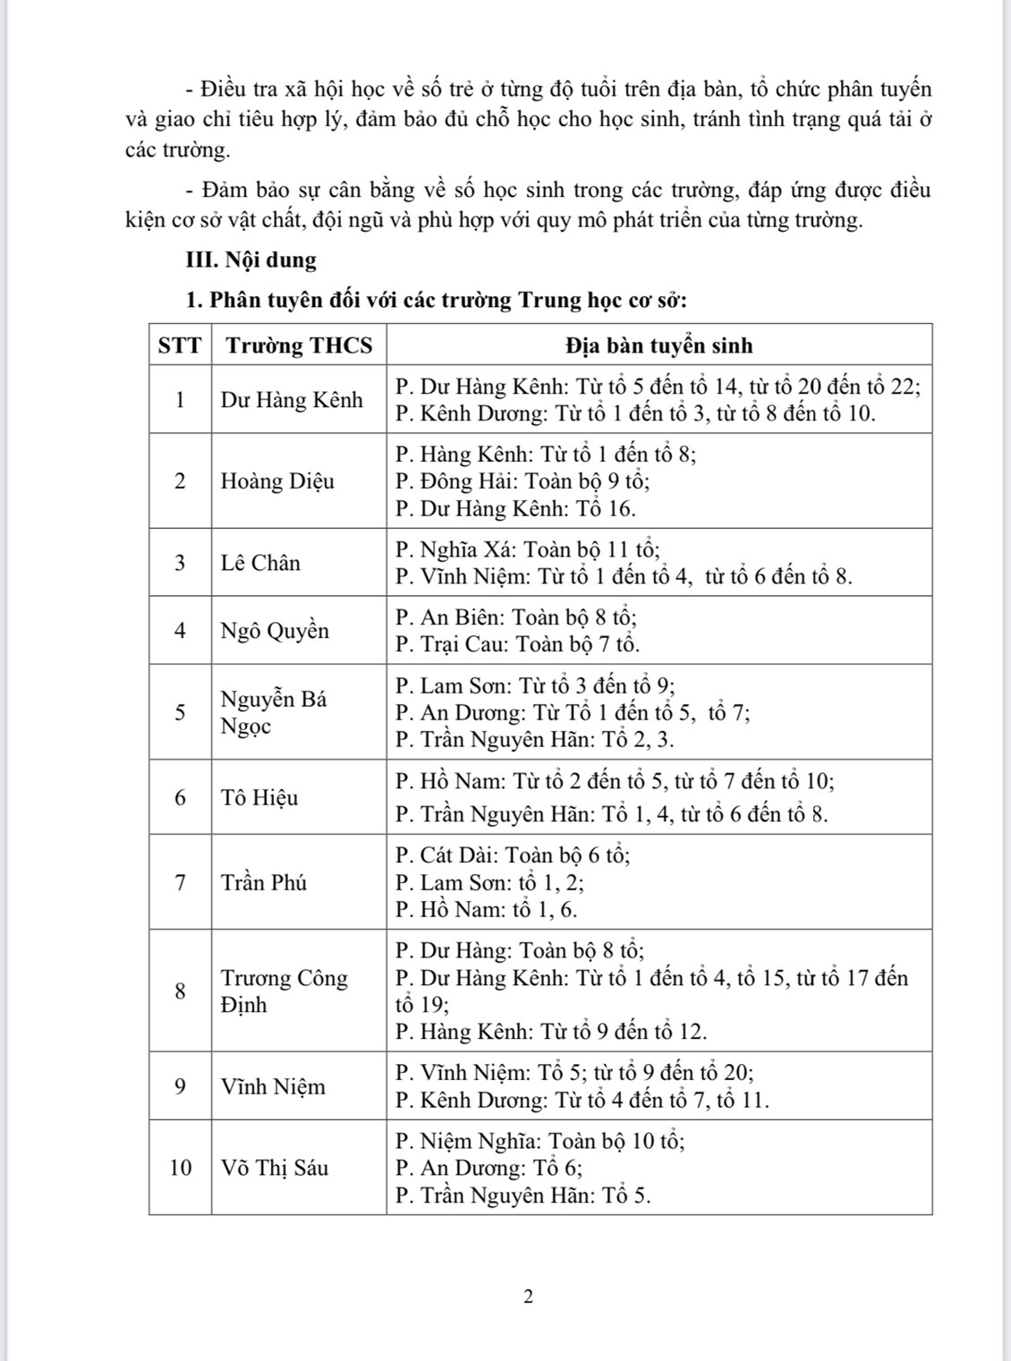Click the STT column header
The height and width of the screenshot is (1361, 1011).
tap(180, 345)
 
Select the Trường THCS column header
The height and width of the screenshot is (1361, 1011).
tap(299, 345)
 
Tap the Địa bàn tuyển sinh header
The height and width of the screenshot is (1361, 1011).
tap(658, 345)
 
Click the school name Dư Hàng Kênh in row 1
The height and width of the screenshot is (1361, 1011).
tap(292, 400)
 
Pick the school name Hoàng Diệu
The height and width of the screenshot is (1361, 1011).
tap(277, 481)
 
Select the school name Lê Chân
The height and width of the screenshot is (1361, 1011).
tap(260, 563)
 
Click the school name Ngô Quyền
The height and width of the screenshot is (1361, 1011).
tap(275, 631)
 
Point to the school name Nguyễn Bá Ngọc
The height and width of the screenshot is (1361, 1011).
tap(274, 712)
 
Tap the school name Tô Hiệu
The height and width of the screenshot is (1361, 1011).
tap(259, 797)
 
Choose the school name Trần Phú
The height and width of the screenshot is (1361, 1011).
tap(264, 882)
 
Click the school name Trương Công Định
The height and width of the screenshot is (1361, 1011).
tap(284, 991)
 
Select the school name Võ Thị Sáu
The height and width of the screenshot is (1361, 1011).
tap(275, 1168)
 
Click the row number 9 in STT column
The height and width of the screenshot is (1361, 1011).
tap(181, 1086)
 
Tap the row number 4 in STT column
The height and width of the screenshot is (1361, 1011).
tap(181, 631)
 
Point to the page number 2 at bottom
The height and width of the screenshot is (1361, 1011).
tap(528, 1297)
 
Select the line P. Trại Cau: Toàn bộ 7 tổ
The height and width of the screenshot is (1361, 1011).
tap(517, 644)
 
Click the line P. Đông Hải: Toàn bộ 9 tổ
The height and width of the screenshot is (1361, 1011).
tap(522, 481)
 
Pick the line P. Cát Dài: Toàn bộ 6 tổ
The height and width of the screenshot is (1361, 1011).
tap(513, 855)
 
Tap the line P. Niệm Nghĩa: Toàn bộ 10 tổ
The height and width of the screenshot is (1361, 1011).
tap(540, 1141)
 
